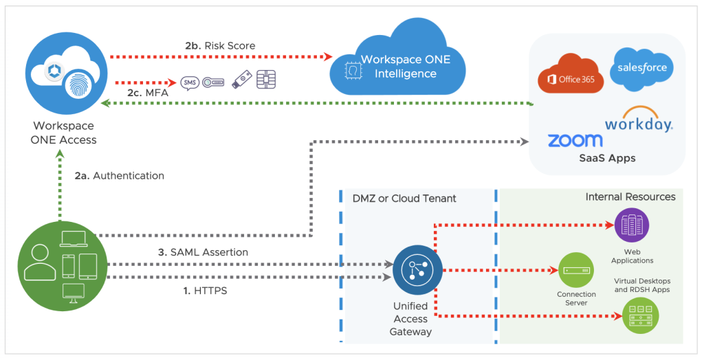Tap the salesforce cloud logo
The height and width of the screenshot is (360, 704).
[x=642, y=69]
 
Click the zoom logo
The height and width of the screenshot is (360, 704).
[x=575, y=140]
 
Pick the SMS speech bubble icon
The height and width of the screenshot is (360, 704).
[x=189, y=83]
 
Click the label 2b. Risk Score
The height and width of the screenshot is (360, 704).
[x=220, y=46]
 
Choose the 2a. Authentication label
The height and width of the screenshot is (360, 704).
[x=119, y=176]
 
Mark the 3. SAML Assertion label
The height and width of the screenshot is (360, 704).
[x=203, y=252]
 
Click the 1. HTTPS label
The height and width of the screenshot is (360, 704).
[x=205, y=291]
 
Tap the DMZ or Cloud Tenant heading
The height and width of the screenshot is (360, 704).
[x=404, y=199]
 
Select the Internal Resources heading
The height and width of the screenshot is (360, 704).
[x=630, y=197]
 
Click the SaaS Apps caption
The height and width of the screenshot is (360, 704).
[x=607, y=158]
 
